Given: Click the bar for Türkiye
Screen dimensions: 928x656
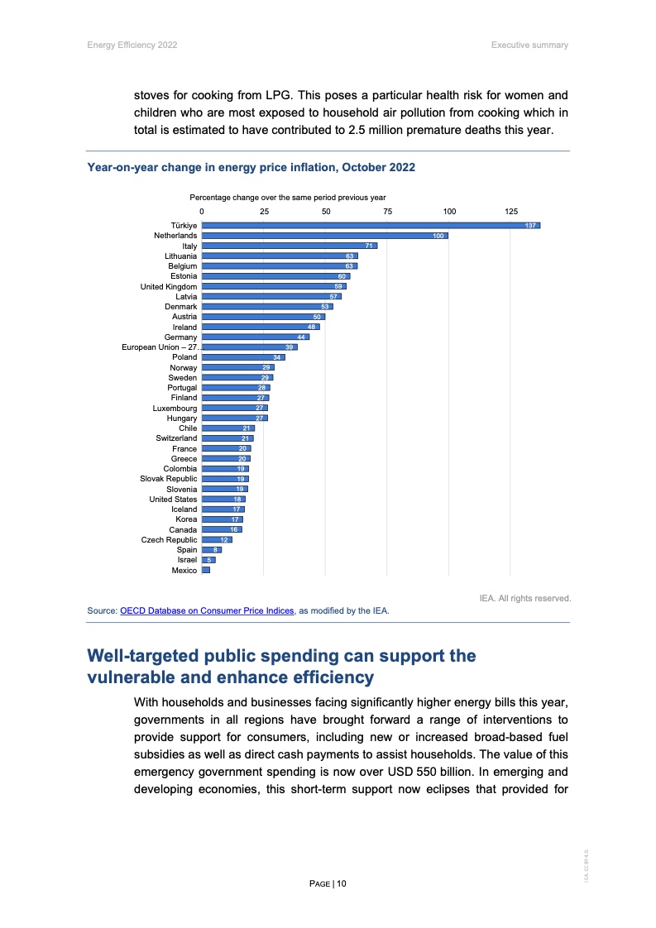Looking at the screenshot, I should [x=371, y=226].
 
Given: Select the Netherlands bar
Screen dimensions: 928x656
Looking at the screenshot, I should [x=324, y=236].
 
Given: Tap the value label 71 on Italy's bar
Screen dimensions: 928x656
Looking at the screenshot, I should [x=371, y=246].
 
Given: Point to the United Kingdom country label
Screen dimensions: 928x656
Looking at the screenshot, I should [x=169, y=286].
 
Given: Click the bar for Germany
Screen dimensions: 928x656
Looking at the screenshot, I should [x=255, y=337].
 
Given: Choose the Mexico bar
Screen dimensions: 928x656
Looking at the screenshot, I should [x=206, y=571].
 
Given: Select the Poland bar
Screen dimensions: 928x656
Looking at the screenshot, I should [x=243, y=357].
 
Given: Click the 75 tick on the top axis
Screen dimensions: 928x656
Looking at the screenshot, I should [x=387, y=212].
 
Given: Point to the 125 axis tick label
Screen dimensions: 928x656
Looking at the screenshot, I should [x=511, y=212].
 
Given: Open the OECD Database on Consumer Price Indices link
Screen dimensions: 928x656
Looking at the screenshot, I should [x=207, y=611].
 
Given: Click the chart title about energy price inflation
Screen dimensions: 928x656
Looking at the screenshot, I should [x=251, y=167].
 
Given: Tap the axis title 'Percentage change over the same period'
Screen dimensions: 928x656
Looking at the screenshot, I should [x=288, y=197].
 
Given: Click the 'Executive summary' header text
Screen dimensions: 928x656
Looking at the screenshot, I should [x=529, y=45].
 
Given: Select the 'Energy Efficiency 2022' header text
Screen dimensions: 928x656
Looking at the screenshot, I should [x=132, y=45].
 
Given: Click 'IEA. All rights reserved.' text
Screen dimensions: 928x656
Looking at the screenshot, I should [x=525, y=597].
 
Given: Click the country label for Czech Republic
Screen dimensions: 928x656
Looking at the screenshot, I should [x=170, y=540].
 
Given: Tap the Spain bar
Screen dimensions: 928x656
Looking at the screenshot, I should [x=212, y=550].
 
